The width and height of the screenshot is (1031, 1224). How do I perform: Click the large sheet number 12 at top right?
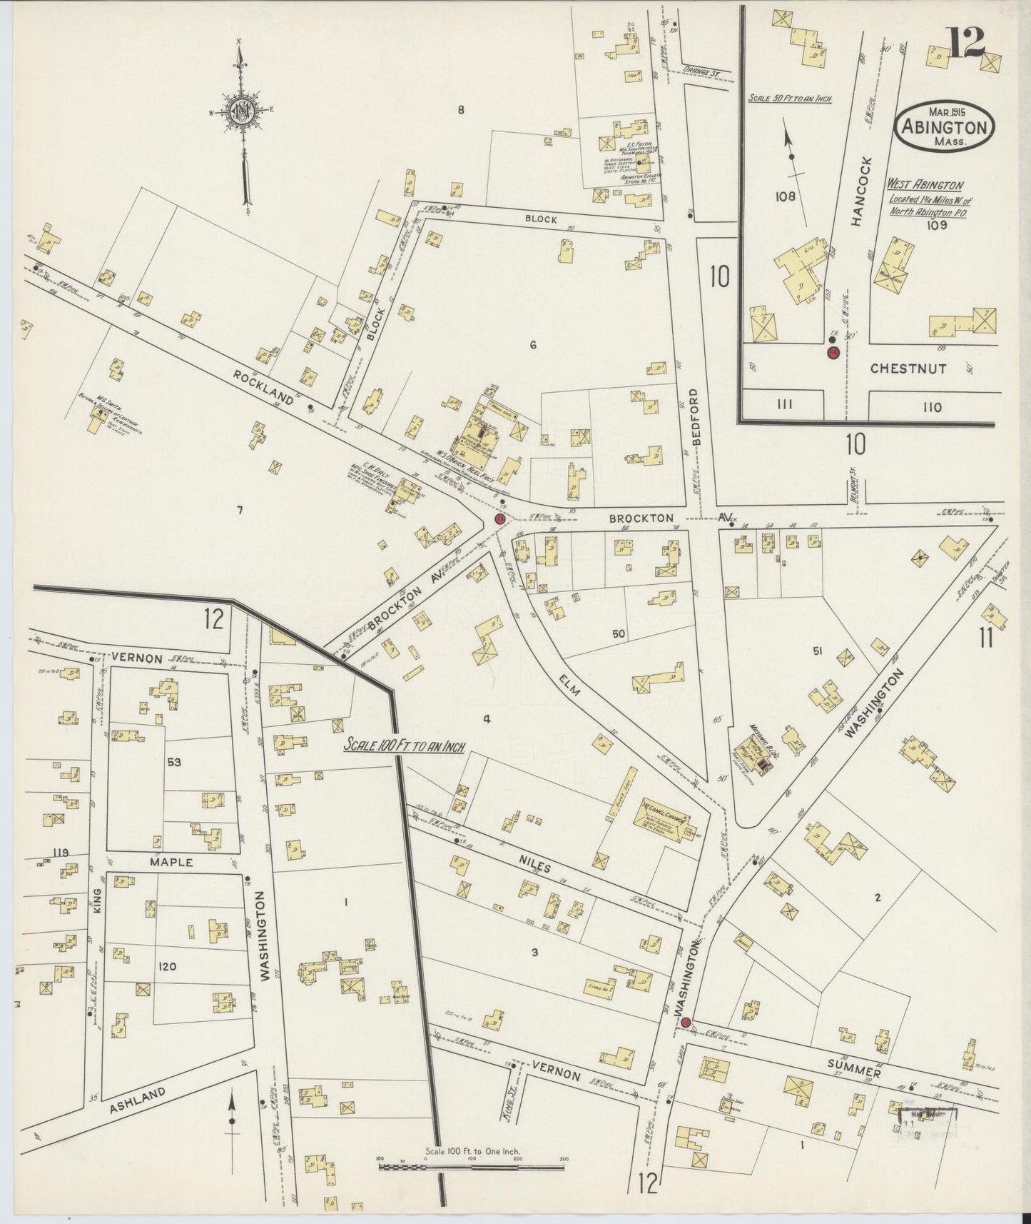967,45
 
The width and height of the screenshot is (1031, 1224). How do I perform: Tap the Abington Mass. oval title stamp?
944,126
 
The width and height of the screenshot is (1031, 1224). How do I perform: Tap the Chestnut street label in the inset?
908,368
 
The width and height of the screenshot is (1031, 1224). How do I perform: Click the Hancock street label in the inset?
858,191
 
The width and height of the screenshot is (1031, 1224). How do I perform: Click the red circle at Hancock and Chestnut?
833,352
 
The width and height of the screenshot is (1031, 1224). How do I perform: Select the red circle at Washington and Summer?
686,1023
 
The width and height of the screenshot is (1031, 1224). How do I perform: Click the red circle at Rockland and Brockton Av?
500,518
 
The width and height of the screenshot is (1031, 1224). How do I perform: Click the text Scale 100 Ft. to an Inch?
405,746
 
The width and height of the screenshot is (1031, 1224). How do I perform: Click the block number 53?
174,762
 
